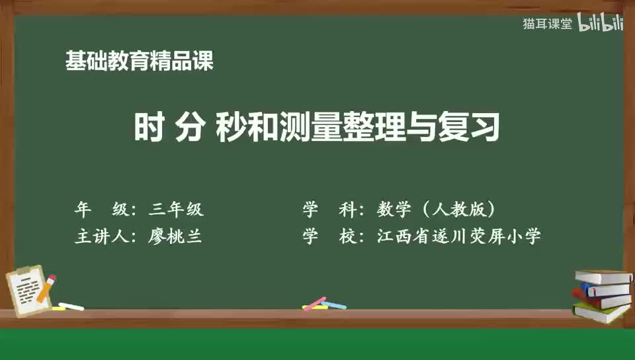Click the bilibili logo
(x=601, y=23)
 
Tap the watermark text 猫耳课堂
(x=547, y=24)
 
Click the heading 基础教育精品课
(x=140, y=62)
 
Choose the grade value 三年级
(x=177, y=210)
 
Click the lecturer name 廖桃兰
(x=176, y=236)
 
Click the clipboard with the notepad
(x=28, y=289)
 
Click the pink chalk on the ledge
(x=316, y=302)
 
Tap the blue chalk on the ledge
(x=333, y=305)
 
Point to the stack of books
(x=601, y=295)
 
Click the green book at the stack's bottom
(x=601, y=312)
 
